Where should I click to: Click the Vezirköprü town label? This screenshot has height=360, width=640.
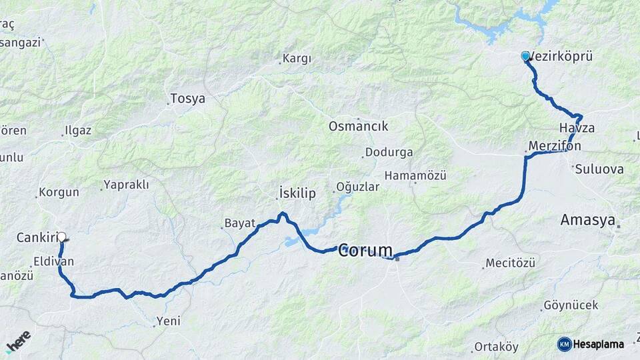click(x=561, y=57)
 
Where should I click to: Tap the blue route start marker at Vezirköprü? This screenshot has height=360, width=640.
click(x=525, y=56)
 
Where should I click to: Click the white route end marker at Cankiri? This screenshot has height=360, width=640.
click(x=62, y=237)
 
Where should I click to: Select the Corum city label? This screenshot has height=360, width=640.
click(x=365, y=251)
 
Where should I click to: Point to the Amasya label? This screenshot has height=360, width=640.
click(x=587, y=220)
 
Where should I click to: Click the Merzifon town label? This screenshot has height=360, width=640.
click(x=555, y=145)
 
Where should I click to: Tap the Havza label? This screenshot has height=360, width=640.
click(x=577, y=128)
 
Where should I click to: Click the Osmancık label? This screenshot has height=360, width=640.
click(x=359, y=126)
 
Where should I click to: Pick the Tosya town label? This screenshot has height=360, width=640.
click(x=187, y=99)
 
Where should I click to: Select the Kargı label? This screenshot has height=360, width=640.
click(x=297, y=59)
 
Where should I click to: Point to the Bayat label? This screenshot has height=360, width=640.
click(x=240, y=223)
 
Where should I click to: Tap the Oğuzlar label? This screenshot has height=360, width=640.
click(x=358, y=187)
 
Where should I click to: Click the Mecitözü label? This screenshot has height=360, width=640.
click(x=510, y=263)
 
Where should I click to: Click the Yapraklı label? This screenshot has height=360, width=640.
click(x=127, y=185)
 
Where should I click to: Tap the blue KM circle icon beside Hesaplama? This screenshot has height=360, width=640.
click(x=564, y=344)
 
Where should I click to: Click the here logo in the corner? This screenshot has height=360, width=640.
click(x=18, y=342)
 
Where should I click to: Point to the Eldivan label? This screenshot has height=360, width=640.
click(x=53, y=263)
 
